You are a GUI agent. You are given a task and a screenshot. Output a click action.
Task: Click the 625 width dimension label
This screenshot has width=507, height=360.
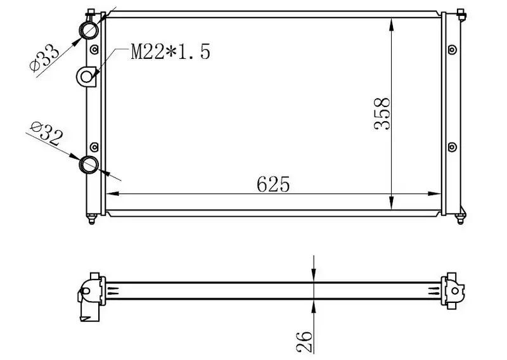[273, 184]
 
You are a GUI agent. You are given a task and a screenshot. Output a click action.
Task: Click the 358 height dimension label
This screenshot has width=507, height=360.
[382, 113]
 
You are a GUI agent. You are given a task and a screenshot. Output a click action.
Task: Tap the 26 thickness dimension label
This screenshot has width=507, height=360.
[305, 342]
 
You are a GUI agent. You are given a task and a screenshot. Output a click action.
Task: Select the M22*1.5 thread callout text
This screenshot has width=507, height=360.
[170, 51]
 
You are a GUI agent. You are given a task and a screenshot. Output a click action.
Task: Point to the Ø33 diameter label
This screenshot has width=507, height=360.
[44, 58]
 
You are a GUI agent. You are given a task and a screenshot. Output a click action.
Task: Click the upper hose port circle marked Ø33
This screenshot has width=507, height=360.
[89, 30]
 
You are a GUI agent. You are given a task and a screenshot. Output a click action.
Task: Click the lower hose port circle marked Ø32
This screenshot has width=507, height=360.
[89, 165]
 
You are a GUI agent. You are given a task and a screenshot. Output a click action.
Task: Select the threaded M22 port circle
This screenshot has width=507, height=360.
[86, 77]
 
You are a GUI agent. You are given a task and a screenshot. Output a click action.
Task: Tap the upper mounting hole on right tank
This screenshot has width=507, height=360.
[452, 50]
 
